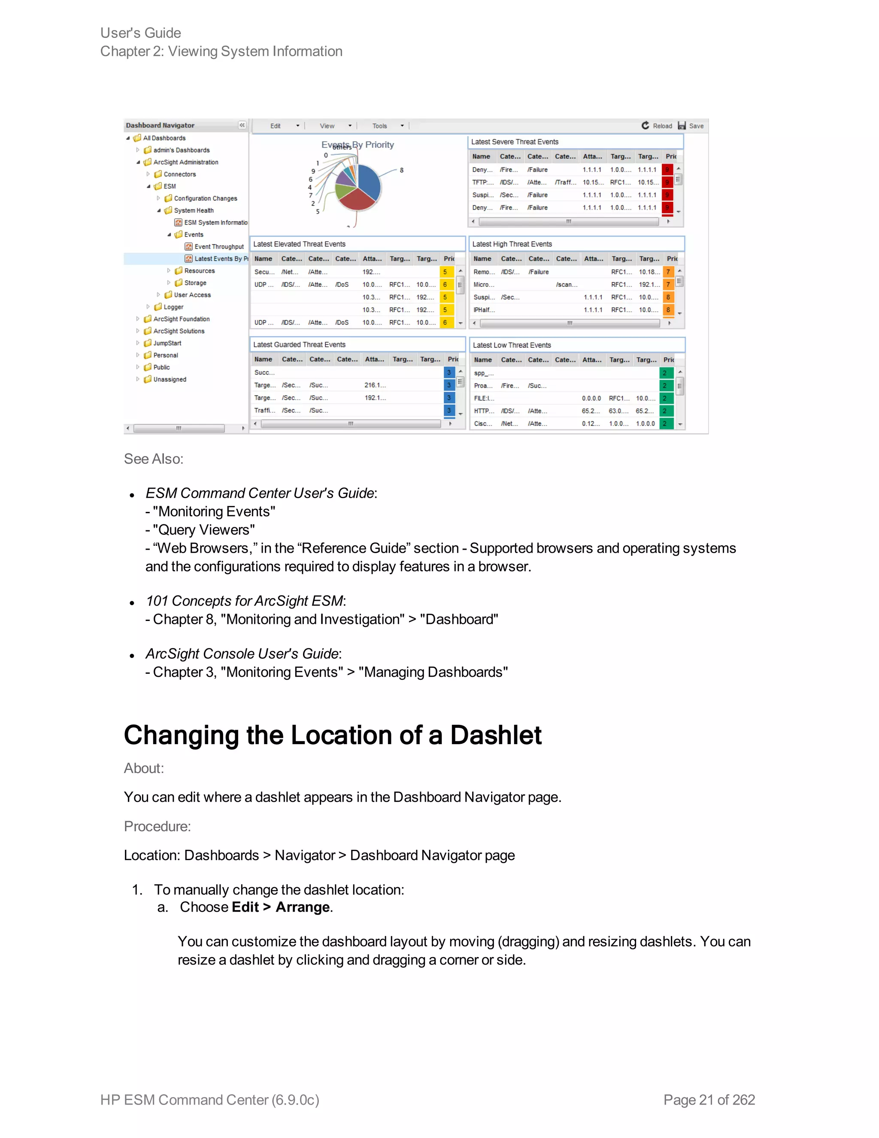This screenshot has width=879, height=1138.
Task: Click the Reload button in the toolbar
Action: click(657, 125)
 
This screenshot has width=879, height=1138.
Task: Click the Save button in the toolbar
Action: click(691, 125)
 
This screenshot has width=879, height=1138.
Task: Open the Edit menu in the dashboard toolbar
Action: click(276, 125)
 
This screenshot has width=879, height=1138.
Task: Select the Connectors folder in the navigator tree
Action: click(179, 174)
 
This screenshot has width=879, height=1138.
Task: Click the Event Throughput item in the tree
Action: click(219, 246)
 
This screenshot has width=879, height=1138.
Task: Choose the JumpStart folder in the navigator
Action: click(167, 343)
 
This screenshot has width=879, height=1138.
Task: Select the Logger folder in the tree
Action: click(173, 307)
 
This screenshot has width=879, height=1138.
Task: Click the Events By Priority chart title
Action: click(358, 144)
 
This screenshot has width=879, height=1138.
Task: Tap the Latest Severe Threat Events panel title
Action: click(515, 142)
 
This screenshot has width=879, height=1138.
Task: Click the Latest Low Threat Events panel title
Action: click(511, 345)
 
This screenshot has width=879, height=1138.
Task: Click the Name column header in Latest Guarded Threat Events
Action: click(263, 359)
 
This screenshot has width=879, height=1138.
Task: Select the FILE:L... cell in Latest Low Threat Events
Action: click(484, 398)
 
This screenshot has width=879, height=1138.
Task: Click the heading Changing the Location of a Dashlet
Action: click(332, 735)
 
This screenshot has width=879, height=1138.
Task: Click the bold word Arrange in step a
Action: click(302, 907)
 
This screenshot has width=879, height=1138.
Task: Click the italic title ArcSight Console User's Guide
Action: click(242, 654)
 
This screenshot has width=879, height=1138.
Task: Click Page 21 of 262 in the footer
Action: click(709, 1099)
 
